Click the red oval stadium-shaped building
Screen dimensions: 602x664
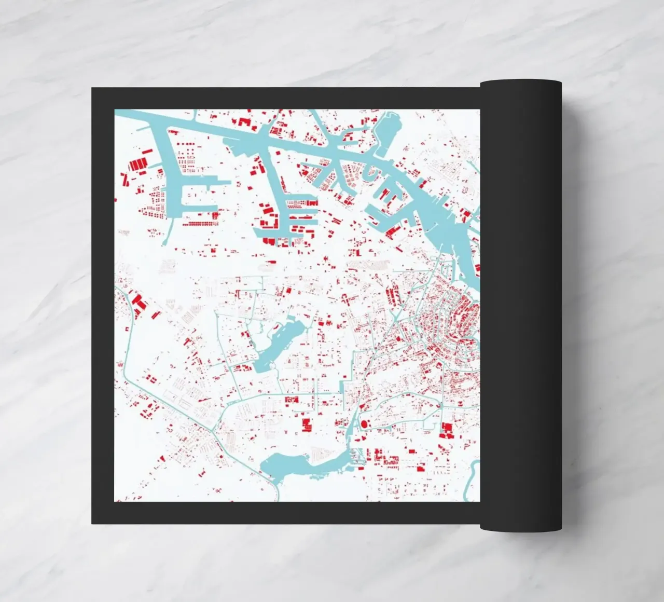[x=364, y=424]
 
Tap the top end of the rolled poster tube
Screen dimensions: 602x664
[x=521, y=83]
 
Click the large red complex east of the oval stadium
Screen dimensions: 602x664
[x=446, y=430]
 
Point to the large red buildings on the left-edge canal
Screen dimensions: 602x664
[x=139, y=303]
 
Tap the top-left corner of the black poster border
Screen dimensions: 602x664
[x=92, y=89]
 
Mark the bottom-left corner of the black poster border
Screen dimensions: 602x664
[x=92, y=523]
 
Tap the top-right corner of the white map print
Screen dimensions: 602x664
[x=479, y=110]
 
